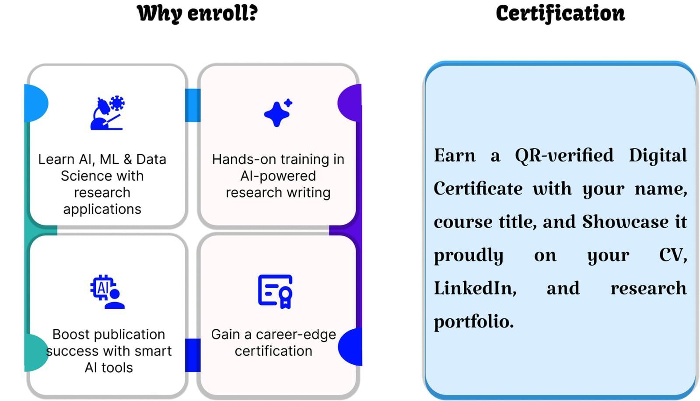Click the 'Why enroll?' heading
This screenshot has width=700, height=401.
197,14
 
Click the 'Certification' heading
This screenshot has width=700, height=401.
560,14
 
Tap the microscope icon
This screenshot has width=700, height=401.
108,112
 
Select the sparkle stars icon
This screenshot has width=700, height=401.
278,113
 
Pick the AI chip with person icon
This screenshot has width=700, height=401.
108,292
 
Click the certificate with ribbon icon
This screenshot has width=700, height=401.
275,292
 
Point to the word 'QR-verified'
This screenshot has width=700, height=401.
564,156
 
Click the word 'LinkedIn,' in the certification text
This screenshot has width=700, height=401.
475,288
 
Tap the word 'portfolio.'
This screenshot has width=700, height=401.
474,322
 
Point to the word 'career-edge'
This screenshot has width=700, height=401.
296,335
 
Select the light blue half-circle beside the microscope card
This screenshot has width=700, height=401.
36,103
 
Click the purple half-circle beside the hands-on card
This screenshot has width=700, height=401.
350,102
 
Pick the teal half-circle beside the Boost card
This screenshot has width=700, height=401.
36,352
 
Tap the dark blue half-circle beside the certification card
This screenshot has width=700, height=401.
350,347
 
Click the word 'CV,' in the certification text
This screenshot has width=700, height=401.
673,255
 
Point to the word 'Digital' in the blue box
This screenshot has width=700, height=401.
658,156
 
